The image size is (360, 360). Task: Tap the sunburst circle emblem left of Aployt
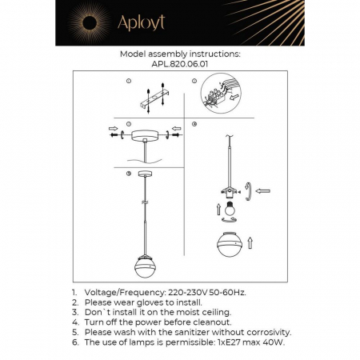pos(82,22)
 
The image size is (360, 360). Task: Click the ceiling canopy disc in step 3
pos(144,135)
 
